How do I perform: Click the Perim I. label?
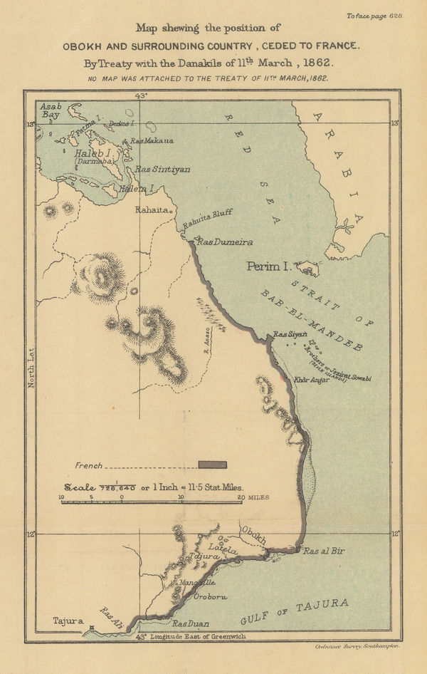pyautogui.click(x=265, y=266)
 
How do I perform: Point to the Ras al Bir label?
pyautogui.click(x=323, y=551)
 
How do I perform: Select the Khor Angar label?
pyautogui.click(x=311, y=380)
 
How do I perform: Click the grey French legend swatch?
pyautogui.click(x=212, y=465)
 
